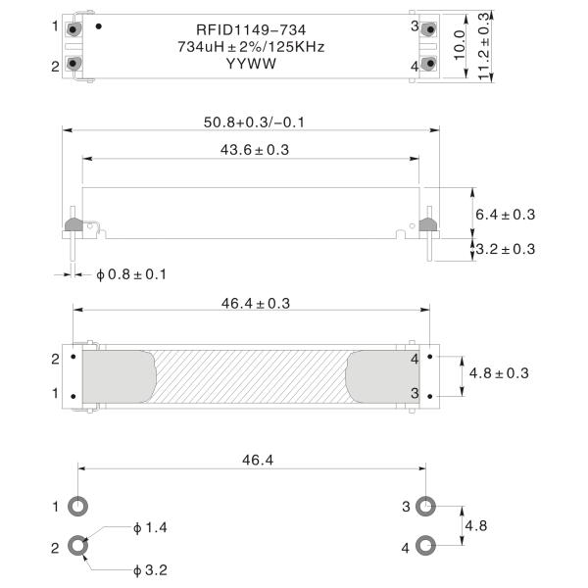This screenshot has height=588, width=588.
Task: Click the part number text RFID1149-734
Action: tap(251, 29)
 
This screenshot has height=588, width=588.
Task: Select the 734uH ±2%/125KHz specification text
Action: tap(251, 46)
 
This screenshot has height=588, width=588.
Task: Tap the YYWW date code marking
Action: tap(251, 64)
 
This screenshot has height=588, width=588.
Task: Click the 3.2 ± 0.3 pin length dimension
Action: tap(505, 249)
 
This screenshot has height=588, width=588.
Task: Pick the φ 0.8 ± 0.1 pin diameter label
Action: tap(131, 274)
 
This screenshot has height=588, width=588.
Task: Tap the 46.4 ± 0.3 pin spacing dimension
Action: tap(249, 304)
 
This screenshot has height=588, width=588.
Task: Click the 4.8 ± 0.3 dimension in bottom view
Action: tap(500, 373)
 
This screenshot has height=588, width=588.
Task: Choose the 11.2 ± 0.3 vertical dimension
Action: tap(484, 46)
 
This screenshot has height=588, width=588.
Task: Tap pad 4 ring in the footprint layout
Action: tap(425, 546)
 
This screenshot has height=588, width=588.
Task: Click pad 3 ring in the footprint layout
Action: tap(425, 507)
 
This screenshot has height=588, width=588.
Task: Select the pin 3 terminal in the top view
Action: tap(428, 29)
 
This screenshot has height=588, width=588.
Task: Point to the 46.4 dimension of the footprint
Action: tap(251, 459)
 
